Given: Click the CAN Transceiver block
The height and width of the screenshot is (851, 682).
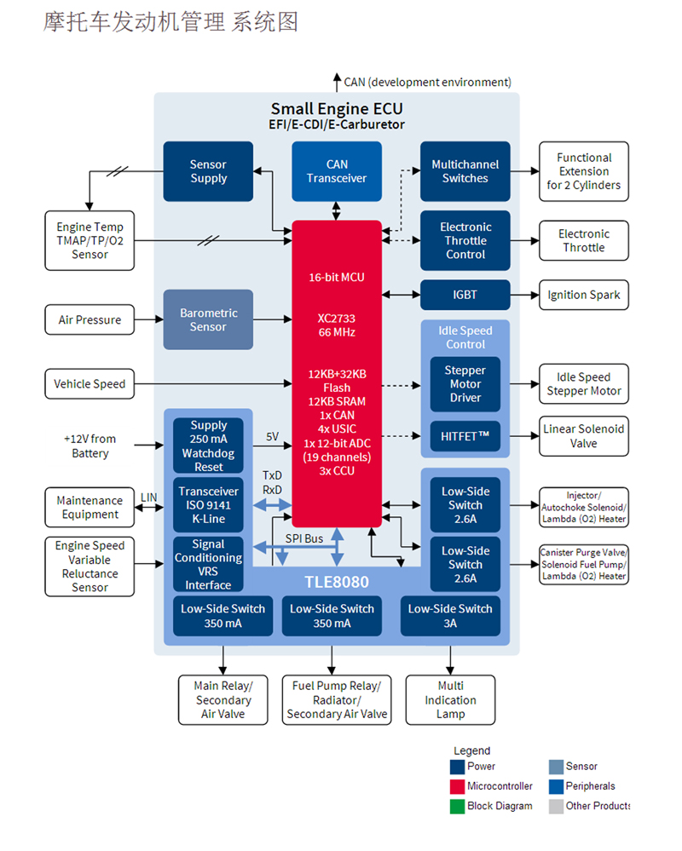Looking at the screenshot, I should coord(337,171).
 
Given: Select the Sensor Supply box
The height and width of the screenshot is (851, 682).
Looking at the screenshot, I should coord(208,171).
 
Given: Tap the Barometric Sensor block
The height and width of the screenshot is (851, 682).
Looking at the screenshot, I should coord(208,319).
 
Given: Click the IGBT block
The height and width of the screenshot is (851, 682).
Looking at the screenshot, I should coord(465,295).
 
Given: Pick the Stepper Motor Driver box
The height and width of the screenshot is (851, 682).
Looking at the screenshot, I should coord(465,384).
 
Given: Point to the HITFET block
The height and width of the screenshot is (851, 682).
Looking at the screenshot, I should coord(465,435).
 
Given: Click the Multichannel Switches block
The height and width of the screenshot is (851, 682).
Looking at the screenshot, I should coord(465,171).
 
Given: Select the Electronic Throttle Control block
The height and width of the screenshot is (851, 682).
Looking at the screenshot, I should coord(465,240).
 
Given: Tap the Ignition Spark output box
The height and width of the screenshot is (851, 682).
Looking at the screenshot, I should coord(584,295).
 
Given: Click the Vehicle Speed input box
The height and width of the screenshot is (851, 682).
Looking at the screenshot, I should coord(90,384).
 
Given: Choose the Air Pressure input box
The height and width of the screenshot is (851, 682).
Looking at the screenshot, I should coord(90,320).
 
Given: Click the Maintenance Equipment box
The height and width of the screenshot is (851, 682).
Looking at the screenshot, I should coord(90,508).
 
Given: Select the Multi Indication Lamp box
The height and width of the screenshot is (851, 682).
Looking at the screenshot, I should coord(450,699).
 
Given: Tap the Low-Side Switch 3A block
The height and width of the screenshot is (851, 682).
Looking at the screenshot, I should coord(449,615).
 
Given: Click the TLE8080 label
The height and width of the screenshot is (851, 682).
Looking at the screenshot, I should coord(337,583).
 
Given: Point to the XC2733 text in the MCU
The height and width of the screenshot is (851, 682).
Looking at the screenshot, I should coord(337,318).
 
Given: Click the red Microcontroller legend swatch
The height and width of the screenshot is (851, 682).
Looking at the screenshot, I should coord(458,786).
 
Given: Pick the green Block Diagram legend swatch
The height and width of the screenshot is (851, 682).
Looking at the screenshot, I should coord(458,806).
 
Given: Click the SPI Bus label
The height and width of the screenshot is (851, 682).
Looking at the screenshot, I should coord(303,539).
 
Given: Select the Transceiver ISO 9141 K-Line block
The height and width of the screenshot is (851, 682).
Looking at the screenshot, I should coord(208,504).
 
